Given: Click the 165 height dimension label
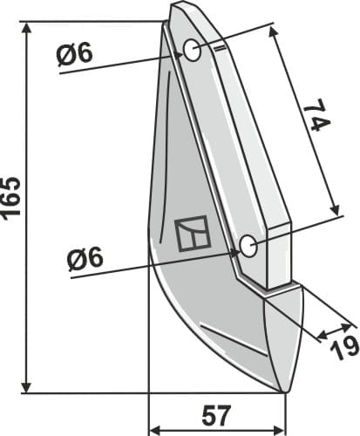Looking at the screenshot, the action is (x=11, y=197).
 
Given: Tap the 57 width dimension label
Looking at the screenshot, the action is (x=216, y=415).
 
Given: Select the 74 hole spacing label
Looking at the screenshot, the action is (x=317, y=115).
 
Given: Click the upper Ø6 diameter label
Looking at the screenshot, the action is (x=75, y=54).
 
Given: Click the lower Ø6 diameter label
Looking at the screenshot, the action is (x=85, y=258).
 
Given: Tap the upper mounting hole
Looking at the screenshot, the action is (x=192, y=50).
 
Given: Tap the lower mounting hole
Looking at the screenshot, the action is (x=248, y=245).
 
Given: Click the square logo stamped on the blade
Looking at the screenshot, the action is (x=192, y=234).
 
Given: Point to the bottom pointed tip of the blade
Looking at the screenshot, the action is (x=284, y=392).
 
